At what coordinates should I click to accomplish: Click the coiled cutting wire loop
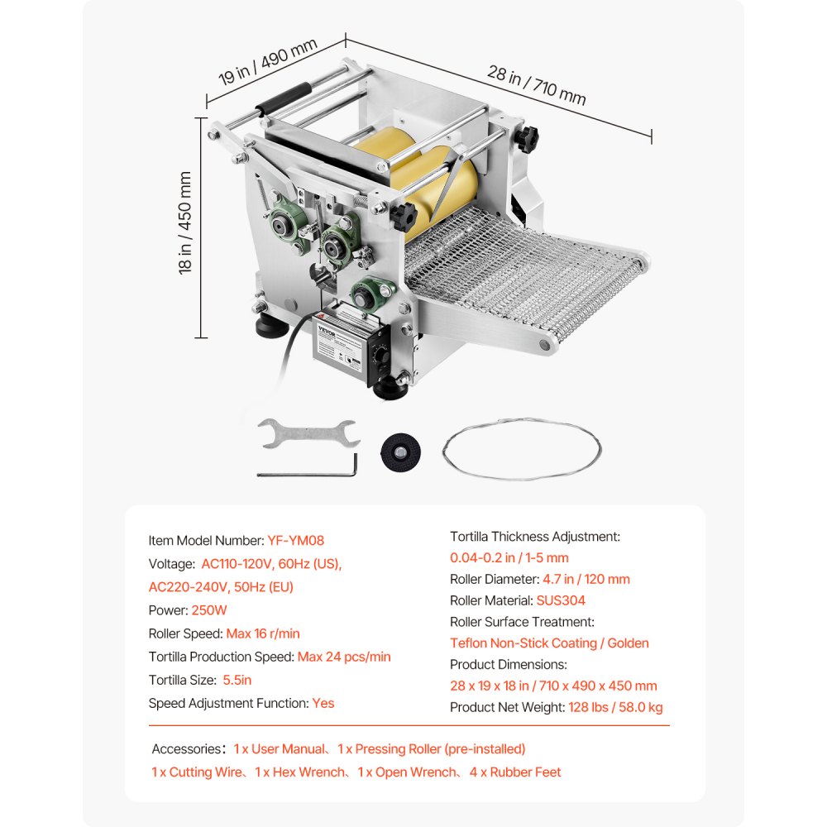pos(521,452)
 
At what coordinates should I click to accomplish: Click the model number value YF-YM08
pos(295,541)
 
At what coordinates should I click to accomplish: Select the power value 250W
pos(209,610)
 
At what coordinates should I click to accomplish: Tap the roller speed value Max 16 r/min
pos(263,633)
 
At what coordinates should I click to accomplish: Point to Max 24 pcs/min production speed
pos(344,657)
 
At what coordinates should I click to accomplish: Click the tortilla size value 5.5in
pos(237,680)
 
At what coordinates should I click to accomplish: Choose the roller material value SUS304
pos(561,600)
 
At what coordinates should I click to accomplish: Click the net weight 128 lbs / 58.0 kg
pos(615,707)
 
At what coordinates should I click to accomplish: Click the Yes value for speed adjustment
pos(323,703)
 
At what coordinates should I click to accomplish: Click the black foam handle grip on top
pos(281,100)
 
